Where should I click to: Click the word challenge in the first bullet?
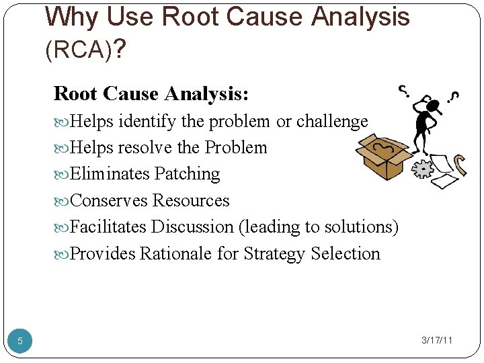pos(332,122)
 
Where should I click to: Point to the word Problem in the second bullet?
pos(236,148)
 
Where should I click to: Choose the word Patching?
pos(187,174)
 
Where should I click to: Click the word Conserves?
pos(109,200)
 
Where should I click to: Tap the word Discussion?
pos(192,227)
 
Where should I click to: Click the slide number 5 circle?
pos(19,341)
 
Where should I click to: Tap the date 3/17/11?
pos(437,340)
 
